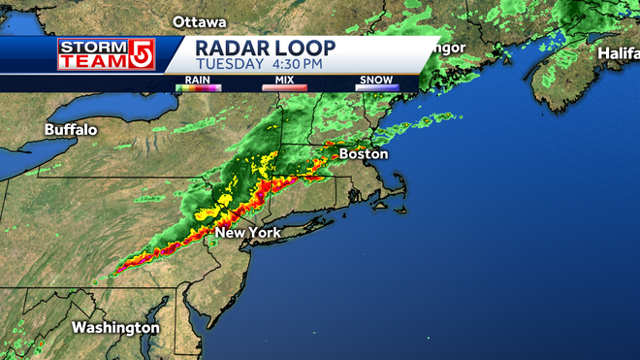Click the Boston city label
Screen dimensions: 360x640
click(x=363, y=153)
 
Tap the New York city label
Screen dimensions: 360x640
click(x=248, y=233)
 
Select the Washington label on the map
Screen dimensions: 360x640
click(x=115, y=328)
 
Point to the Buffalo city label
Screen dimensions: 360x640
click(x=70, y=130)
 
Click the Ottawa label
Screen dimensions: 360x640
click(x=199, y=21)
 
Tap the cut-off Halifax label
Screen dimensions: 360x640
click(x=618, y=52)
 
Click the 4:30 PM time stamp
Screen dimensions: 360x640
click(x=299, y=64)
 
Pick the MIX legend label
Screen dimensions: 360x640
click(x=284, y=80)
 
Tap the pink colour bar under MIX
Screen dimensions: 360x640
click(x=284, y=87)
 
